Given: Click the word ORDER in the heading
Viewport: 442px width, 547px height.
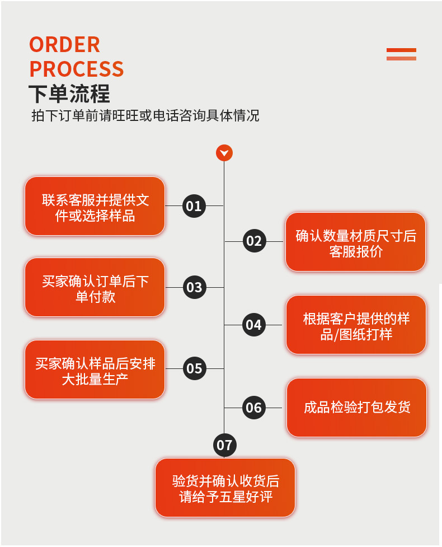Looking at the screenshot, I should coord(64,45).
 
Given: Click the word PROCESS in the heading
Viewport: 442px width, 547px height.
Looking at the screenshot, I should coord(76,69).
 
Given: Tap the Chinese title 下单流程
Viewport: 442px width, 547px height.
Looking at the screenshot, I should coord(69,93).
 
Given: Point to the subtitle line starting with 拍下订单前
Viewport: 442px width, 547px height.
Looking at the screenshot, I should coord(145,116).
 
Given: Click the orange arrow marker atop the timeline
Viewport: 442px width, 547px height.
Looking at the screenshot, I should coord(224,153).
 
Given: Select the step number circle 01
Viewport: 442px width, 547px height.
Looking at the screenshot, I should coord(194,206).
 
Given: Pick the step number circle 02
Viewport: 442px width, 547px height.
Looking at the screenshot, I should coord(254,241).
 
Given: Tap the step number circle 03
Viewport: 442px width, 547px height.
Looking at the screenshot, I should coord(194,288).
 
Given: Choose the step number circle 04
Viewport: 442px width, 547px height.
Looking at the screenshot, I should coord(254,325).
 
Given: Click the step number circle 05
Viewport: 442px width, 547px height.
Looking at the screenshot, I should coord(194,369).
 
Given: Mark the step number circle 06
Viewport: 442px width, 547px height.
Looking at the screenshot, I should coord(254,408).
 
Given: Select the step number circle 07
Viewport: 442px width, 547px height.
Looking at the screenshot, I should coord(224,445).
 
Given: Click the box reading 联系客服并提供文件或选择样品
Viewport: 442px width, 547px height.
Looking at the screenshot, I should coord(95,207).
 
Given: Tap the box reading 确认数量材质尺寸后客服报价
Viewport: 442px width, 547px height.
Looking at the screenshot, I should coord(356,242).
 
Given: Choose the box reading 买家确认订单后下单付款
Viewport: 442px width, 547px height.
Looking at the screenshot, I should coord(95,288).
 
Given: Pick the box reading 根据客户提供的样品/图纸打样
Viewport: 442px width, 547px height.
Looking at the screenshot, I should coord(356,325).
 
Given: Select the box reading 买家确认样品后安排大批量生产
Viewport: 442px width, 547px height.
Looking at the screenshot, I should coord(95,370).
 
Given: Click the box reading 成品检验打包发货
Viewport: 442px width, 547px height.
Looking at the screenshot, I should coord(357,408).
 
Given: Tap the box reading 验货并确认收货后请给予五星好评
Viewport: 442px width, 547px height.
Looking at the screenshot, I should coord(225,488).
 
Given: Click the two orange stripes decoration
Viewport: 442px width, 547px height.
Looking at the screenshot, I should coord(401,54).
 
